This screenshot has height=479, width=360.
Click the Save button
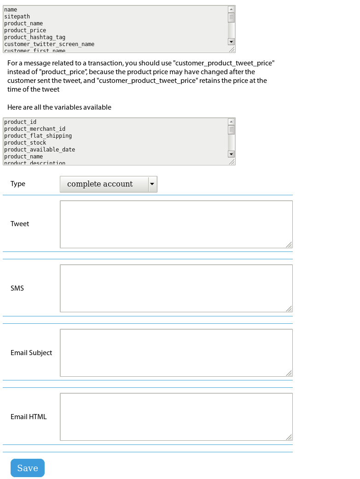(x=28, y=468)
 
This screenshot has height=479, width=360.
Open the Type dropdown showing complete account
(x=109, y=184)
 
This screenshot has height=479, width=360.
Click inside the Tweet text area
(x=176, y=224)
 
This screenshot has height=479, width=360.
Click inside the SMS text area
(x=176, y=288)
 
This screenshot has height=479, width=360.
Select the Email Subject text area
(x=176, y=353)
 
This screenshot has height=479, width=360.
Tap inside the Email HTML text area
(x=176, y=417)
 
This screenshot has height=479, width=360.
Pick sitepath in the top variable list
(x=17, y=17)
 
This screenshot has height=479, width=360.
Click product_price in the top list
(x=25, y=30)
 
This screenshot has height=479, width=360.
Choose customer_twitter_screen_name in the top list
(x=49, y=44)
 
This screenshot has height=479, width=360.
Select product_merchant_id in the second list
(x=35, y=129)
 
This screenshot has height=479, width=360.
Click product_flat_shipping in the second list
(x=38, y=136)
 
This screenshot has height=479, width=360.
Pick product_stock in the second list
(x=25, y=143)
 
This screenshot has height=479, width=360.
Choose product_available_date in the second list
(x=40, y=150)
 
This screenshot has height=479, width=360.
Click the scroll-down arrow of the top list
(x=232, y=42)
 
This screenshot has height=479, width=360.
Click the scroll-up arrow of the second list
(x=232, y=122)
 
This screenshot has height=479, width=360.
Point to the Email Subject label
(x=31, y=353)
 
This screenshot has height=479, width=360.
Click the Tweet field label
(x=20, y=224)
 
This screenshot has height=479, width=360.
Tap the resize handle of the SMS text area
(x=289, y=309)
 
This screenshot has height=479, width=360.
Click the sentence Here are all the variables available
(x=59, y=107)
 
